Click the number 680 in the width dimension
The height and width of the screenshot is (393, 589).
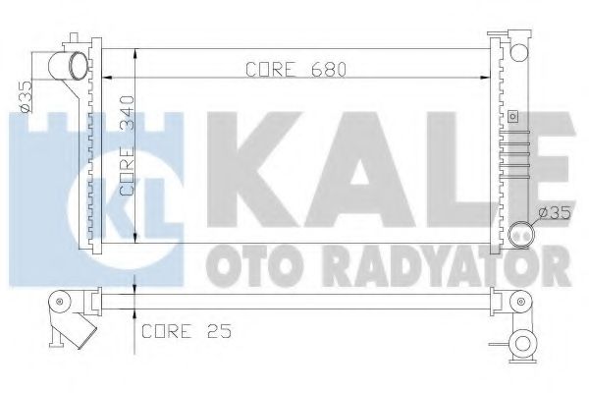(x=328, y=70)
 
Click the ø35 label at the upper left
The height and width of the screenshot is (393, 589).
(x=26, y=96)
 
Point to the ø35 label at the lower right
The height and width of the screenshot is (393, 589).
(x=555, y=214)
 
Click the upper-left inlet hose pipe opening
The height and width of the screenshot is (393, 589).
(x=80, y=66)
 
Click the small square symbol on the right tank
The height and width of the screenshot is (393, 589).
(x=512, y=116)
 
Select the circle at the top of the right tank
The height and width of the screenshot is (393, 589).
(x=519, y=53)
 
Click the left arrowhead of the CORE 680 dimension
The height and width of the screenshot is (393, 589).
(x=107, y=78)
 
